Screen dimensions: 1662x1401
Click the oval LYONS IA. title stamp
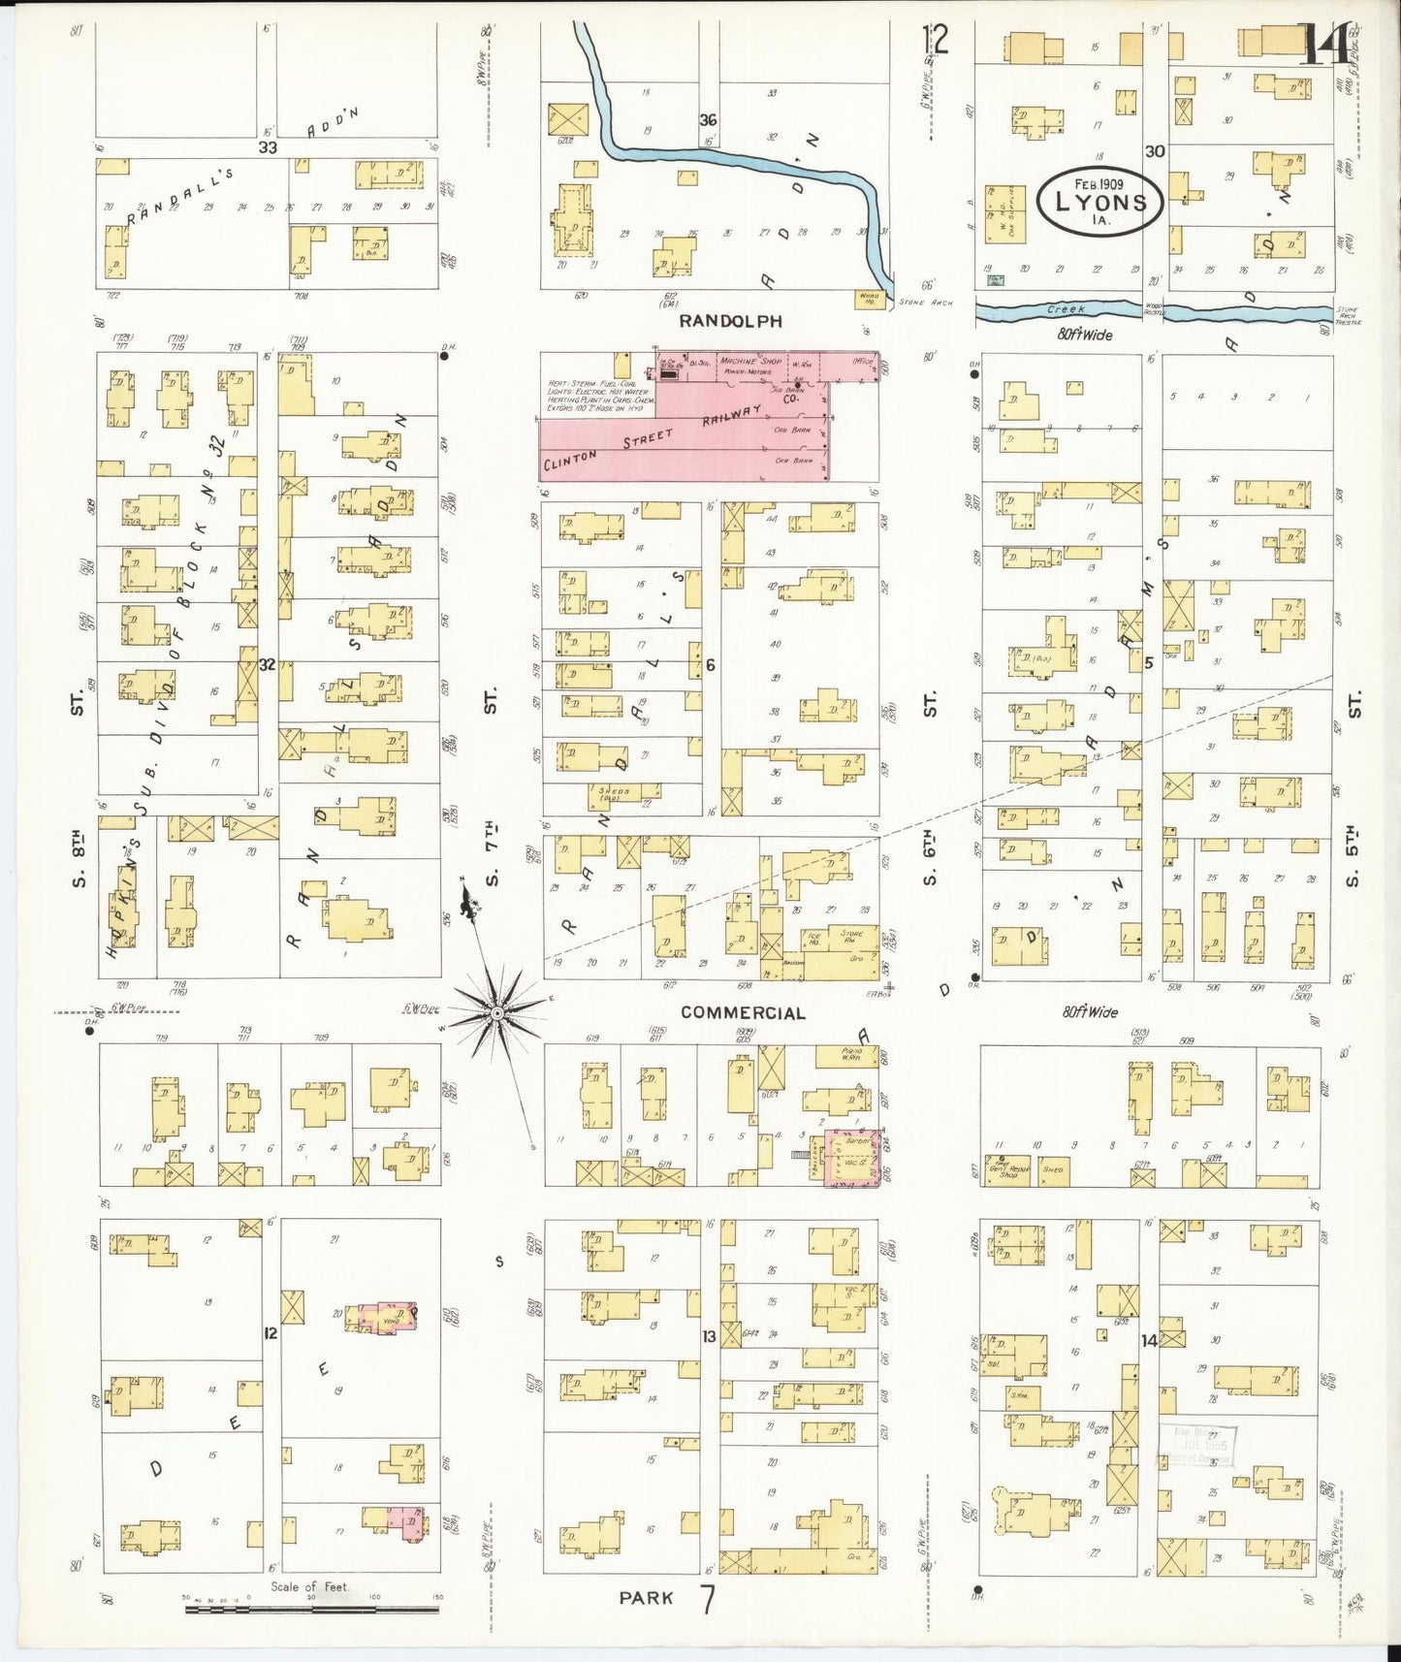point(1099,203)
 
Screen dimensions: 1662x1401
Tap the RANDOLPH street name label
point(730,321)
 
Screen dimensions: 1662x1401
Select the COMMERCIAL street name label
point(743,1012)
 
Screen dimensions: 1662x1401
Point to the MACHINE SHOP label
point(750,361)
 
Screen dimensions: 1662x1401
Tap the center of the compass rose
point(496,1012)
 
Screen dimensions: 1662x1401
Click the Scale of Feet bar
point(311,1610)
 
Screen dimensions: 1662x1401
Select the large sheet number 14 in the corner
point(1323,45)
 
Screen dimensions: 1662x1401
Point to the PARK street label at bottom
point(647,1598)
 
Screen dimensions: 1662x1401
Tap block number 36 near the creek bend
point(708,120)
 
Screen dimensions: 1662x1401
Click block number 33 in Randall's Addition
point(267,147)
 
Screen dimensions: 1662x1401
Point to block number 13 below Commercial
point(709,1336)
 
